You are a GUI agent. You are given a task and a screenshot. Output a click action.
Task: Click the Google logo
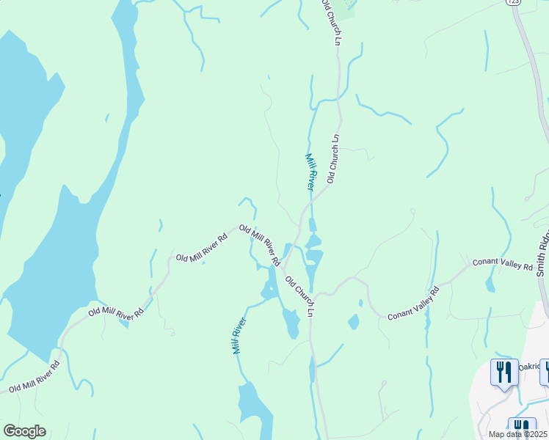tap(24, 431)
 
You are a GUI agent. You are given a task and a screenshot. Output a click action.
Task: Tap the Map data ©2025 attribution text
tap(517, 434)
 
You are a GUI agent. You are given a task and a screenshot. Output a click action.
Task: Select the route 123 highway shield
tap(512, 3)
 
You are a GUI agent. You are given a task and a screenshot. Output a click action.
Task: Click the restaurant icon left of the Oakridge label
tap(504, 372)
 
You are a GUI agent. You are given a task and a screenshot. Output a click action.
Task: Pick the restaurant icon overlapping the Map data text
tap(522, 428)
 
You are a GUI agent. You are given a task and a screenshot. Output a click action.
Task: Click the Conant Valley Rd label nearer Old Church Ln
tap(413, 303)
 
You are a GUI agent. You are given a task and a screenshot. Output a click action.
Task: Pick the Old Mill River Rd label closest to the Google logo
tap(34, 376)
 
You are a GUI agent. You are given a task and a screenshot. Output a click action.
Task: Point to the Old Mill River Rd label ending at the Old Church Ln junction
tap(261, 245)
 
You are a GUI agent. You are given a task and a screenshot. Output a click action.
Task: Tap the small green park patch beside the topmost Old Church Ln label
tap(346, 8)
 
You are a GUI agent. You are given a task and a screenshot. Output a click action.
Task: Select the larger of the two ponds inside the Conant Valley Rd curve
tap(353, 322)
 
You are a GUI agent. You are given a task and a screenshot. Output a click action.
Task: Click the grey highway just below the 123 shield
tap(523, 29)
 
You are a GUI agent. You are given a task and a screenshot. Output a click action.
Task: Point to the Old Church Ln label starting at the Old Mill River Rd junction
tap(300, 296)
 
